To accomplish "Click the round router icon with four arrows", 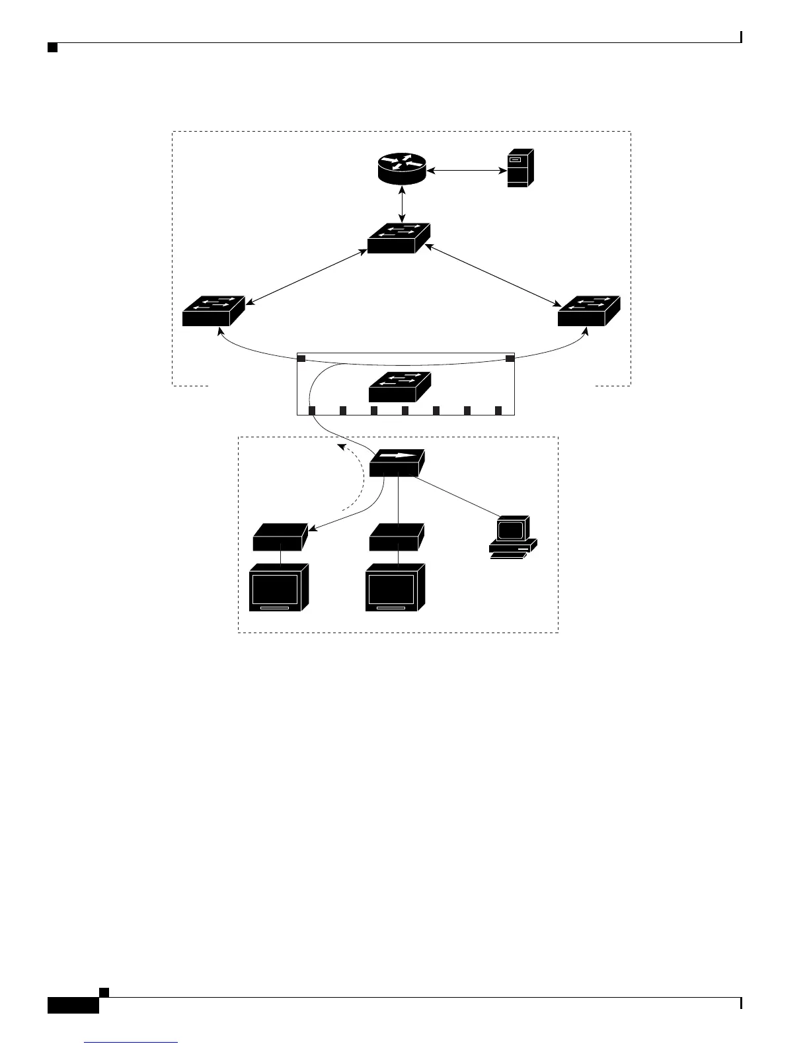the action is (402, 169).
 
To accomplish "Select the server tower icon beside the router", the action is (520, 168).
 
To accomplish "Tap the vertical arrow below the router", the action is (402, 204).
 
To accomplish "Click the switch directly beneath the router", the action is (399, 238).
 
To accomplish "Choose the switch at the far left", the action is (213, 310).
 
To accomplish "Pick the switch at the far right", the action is (588, 310).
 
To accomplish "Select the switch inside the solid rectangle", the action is (400, 386).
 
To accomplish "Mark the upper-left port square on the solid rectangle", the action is (301, 359).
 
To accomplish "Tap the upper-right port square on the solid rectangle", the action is (510, 359).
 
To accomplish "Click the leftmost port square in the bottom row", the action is (312, 410).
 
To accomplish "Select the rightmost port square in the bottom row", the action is (498, 410).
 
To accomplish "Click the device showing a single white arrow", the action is (397, 462).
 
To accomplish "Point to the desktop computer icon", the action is (512, 537).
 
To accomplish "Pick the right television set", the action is (395, 587).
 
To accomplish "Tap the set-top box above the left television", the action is (281, 537).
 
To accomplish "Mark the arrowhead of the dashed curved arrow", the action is (339, 447).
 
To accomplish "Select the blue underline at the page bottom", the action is (132, 1043).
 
